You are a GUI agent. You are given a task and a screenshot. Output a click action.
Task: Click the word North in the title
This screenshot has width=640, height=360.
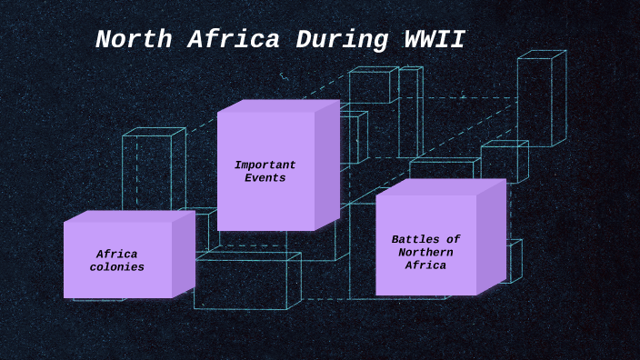click(x=130, y=40)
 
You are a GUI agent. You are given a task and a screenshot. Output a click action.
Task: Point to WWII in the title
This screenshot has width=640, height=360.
click(x=434, y=40)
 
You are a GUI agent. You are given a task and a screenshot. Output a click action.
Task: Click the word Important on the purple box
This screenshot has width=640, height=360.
click(x=265, y=165)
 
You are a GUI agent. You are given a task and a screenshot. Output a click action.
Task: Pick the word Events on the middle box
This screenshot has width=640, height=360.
click(x=265, y=178)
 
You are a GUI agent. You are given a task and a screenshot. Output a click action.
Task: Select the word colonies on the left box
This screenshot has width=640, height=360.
click(x=116, y=267)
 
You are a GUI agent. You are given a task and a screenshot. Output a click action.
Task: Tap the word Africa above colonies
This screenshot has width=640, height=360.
click(x=116, y=255)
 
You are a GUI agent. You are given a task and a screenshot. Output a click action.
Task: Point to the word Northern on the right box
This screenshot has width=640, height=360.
click(x=425, y=252)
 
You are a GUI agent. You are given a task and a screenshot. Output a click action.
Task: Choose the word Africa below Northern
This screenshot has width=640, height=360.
click(x=425, y=265)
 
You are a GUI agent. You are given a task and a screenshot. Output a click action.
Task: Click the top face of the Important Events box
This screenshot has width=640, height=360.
click(x=278, y=105)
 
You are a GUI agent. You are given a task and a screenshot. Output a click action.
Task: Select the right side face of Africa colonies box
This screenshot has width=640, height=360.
click(x=183, y=254)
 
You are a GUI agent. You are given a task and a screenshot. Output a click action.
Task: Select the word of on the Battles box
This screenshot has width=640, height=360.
click(x=452, y=239)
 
